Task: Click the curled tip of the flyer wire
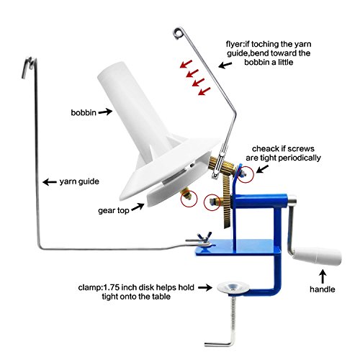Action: pyautogui.click(x=177, y=31)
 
